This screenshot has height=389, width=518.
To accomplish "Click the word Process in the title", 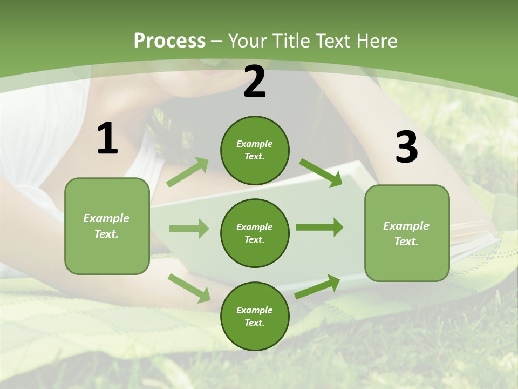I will pyautogui.click(x=169, y=41).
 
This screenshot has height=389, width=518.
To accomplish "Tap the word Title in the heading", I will pyautogui.click(x=290, y=41).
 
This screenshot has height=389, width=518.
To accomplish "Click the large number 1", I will pyautogui.click(x=107, y=139).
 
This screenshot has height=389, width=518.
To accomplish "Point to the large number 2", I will pyautogui.click(x=255, y=82).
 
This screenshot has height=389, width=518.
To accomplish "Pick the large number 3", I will pyautogui.click(x=406, y=147).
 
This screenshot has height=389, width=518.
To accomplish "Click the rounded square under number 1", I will pyautogui.click(x=107, y=226).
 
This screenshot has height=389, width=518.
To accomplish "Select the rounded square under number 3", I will pyautogui.click(x=407, y=233).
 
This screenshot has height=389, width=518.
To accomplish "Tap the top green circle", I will pyautogui.click(x=255, y=150).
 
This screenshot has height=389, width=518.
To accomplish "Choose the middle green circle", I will pyautogui.click(x=255, y=233).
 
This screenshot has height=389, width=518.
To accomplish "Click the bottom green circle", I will pyautogui.click(x=255, y=316).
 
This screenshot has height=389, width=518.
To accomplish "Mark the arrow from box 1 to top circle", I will pyautogui.click(x=188, y=172).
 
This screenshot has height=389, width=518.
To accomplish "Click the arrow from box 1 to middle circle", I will pyautogui.click(x=189, y=229).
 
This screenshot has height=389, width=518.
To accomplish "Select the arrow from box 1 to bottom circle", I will pyautogui.click(x=189, y=288).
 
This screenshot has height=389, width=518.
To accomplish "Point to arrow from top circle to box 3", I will pyautogui.click(x=321, y=173).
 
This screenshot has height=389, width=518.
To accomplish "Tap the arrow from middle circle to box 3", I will pyautogui.click(x=319, y=227).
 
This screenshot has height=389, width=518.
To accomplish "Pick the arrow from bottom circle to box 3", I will pyautogui.click(x=317, y=287).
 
